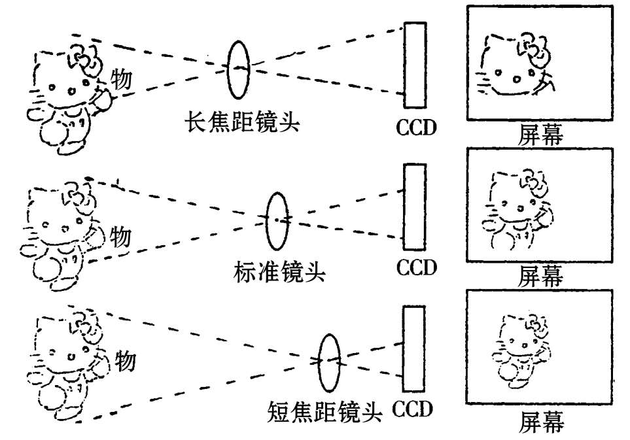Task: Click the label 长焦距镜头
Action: (x=241, y=122)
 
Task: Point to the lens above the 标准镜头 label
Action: (x=277, y=220)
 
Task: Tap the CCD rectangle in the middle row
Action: (x=413, y=207)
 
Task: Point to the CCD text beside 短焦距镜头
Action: (x=413, y=410)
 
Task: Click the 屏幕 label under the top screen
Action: (x=541, y=134)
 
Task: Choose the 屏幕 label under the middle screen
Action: (x=540, y=275)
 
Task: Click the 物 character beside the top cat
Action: (x=121, y=79)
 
